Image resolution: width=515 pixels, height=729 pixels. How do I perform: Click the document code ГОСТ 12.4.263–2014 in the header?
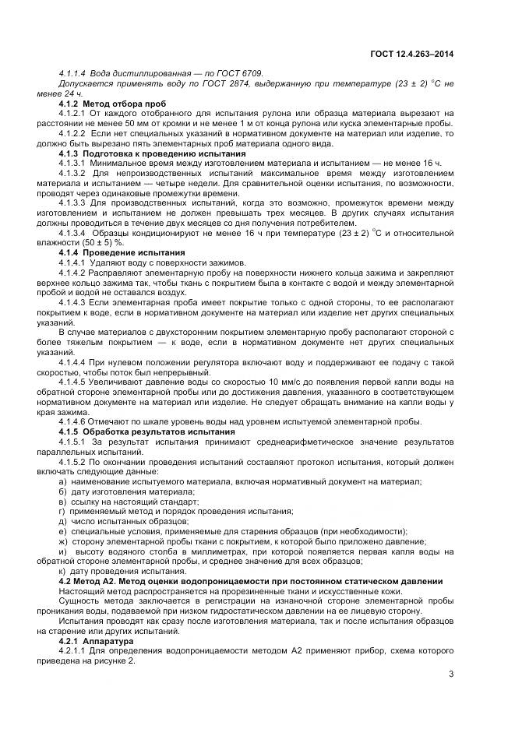coord(412,54)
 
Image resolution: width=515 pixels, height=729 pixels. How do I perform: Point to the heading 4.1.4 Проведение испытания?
coord(122,252)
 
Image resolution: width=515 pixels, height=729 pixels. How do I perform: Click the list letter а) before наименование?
coord(62,482)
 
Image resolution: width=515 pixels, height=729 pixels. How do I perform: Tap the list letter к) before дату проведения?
coord(62,572)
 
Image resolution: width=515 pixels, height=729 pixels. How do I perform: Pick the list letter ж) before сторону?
coord(63,541)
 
